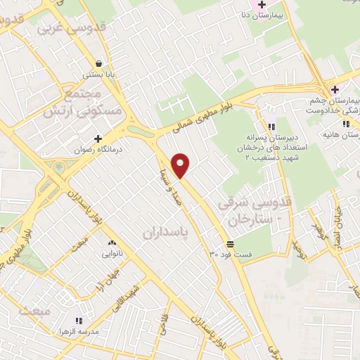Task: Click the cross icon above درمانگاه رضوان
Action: (98, 139)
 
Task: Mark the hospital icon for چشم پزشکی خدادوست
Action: (335, 89)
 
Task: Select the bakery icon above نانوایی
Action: (112, 242)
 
